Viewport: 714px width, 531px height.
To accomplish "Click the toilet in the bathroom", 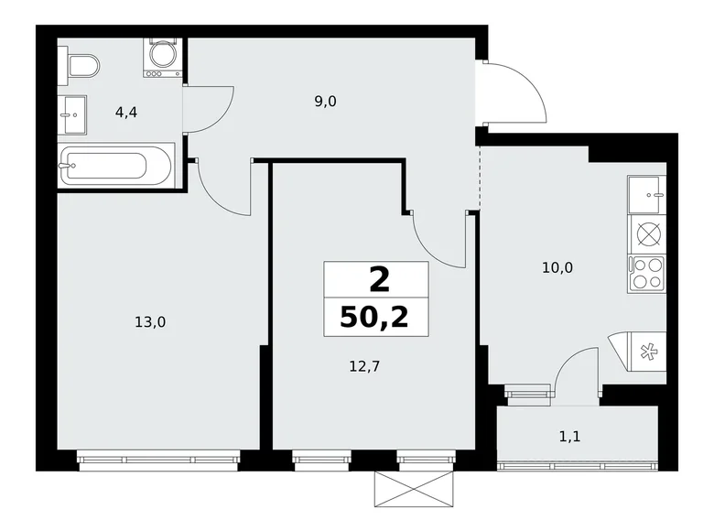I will (x=81, y=66).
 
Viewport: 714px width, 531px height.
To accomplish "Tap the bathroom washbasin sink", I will (x=73, y=114).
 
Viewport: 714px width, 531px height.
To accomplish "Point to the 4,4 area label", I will (x=126, y=114).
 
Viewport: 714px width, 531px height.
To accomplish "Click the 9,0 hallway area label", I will (x=325, y=102).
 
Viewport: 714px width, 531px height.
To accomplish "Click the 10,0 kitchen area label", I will (x=557, y=268).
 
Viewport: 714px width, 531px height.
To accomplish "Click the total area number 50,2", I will (x=374, y=317).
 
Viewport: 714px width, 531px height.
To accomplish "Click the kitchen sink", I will (x=647, y=194).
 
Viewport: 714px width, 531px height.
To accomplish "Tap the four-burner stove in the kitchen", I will (x=646, y=272).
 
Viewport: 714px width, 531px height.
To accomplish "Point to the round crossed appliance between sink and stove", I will (x=647, y=233).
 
